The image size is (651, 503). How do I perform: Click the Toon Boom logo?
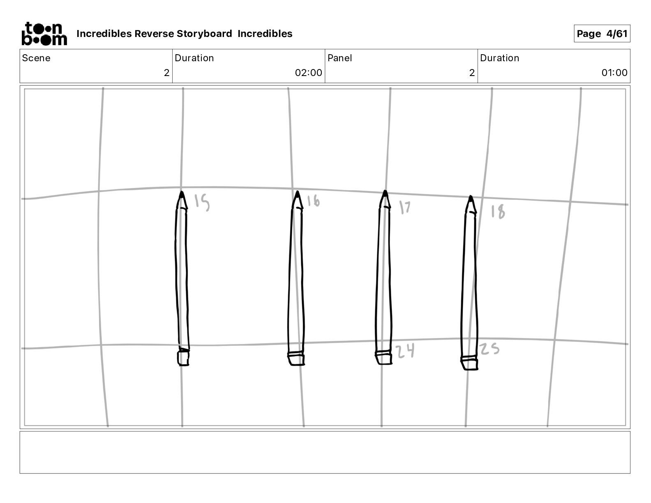[x=44, y=34]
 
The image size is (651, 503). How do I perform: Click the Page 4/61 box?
[x=602, y=34]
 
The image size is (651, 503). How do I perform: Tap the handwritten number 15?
[x=202, y=202]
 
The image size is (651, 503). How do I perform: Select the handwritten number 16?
[x=313, y=201]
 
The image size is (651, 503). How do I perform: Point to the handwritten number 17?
[x=405, y=207]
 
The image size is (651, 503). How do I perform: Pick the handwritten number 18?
[x=498, y=212]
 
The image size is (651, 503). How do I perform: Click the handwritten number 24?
[x=405, y=351]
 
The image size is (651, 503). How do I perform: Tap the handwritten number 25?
[x=489, y=349]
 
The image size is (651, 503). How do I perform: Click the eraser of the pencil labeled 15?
[x=183, y=358]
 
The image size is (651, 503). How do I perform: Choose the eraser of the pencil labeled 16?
[x=296, y=359]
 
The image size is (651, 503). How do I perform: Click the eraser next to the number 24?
[x=383, y=358]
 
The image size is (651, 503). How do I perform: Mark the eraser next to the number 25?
[x=469, y=363]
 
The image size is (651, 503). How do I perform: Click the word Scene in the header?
[x=36, y=58]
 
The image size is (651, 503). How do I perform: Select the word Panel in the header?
[x=340, y=58]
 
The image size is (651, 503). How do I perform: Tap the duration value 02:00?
[x=308, y=73]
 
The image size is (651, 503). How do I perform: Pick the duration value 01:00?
[x=614, y=73]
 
